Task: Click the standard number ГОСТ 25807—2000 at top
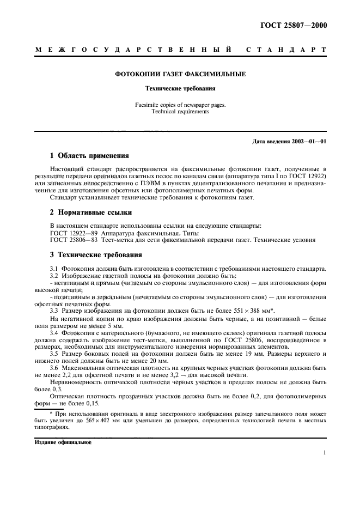(x=295, y=25)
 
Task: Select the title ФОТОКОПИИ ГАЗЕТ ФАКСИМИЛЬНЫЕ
(x=180, y=74)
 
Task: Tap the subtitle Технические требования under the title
(x=180, y=87)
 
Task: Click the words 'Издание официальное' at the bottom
(x=64, y=442)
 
